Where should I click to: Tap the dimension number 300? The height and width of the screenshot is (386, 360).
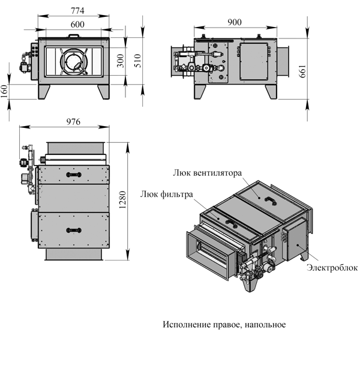[x=121, y=61]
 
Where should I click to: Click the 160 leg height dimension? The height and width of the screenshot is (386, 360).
[x=5, y=91]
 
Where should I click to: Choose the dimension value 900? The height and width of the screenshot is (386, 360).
[x=235, y=22]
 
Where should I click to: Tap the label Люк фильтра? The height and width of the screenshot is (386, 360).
[x=167, y=194]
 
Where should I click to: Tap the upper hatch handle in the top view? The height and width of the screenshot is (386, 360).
[x=73, y=174]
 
